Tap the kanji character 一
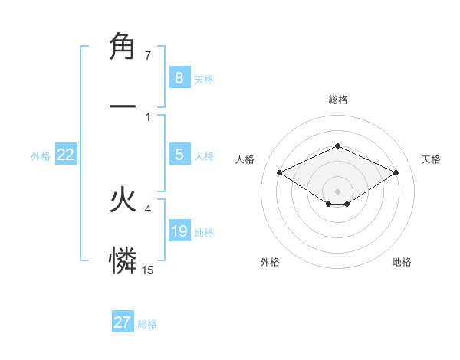[x=123, y=105]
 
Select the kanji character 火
[x=123, y=201]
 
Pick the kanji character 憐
[x=123, y=260]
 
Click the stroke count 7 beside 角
[x=148, y=56]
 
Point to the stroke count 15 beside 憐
[x=148, y=270]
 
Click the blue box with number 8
[x=179, y=77]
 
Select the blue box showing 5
[x=179, y=155]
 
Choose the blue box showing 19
[x=179, y=231]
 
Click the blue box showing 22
[x=66, y=155]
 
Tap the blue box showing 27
[x=123, y=322]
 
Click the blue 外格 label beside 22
[x=41, y=156]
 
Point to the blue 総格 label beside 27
[x=147, y=324]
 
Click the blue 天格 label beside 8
[x=204, y=79]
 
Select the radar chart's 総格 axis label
[x=337, y=100]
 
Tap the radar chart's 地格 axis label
[x=402, y=262]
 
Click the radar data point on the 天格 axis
[x=396, y=172]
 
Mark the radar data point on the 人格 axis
[x=279, y=172]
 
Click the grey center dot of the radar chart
[x=337, y=191]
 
